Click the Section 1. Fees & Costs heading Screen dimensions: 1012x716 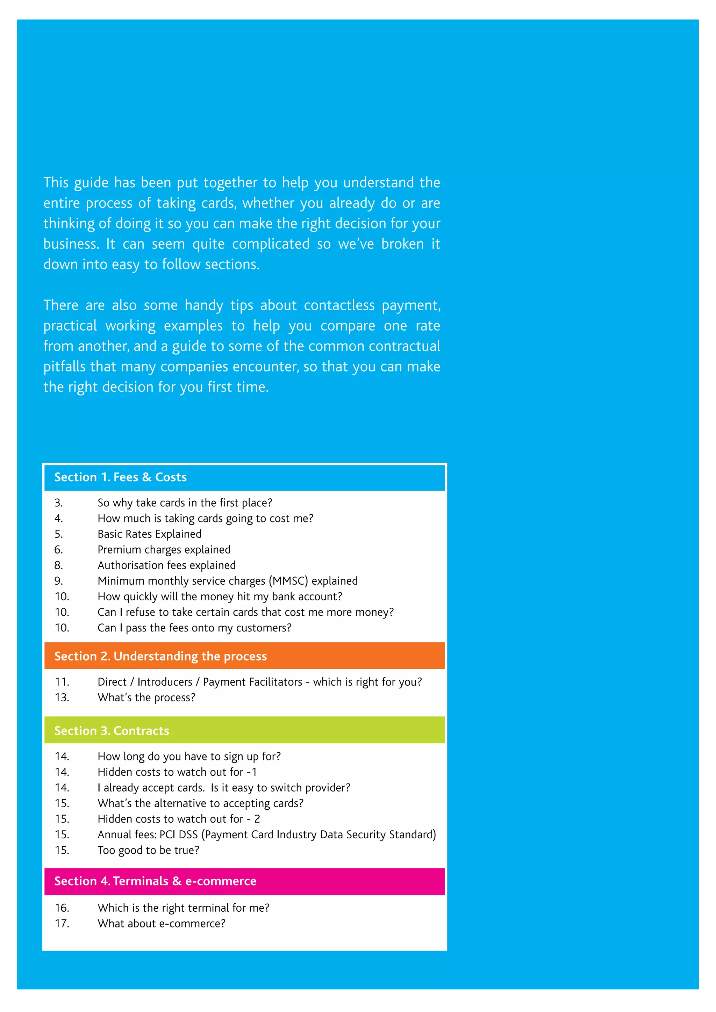(x=120, y=477)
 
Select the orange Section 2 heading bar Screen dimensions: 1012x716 (x=244, y=656)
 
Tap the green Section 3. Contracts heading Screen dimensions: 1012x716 (x=112, y=730)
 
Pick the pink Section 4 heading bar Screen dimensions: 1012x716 (x=244, y=881)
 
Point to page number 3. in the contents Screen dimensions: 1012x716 (x=59, y=503)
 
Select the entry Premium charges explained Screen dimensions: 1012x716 (x=164, y=550)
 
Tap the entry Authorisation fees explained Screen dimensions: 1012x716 (x=167, y=565)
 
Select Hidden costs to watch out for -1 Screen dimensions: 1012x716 (x=177, y=772)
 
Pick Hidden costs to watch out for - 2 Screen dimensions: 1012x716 (x=179, y=819)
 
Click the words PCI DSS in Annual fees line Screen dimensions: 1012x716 (x=179, y=834)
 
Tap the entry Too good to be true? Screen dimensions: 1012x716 (x=148, y=850)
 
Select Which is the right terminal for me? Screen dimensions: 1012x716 (x=184, y=908)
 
